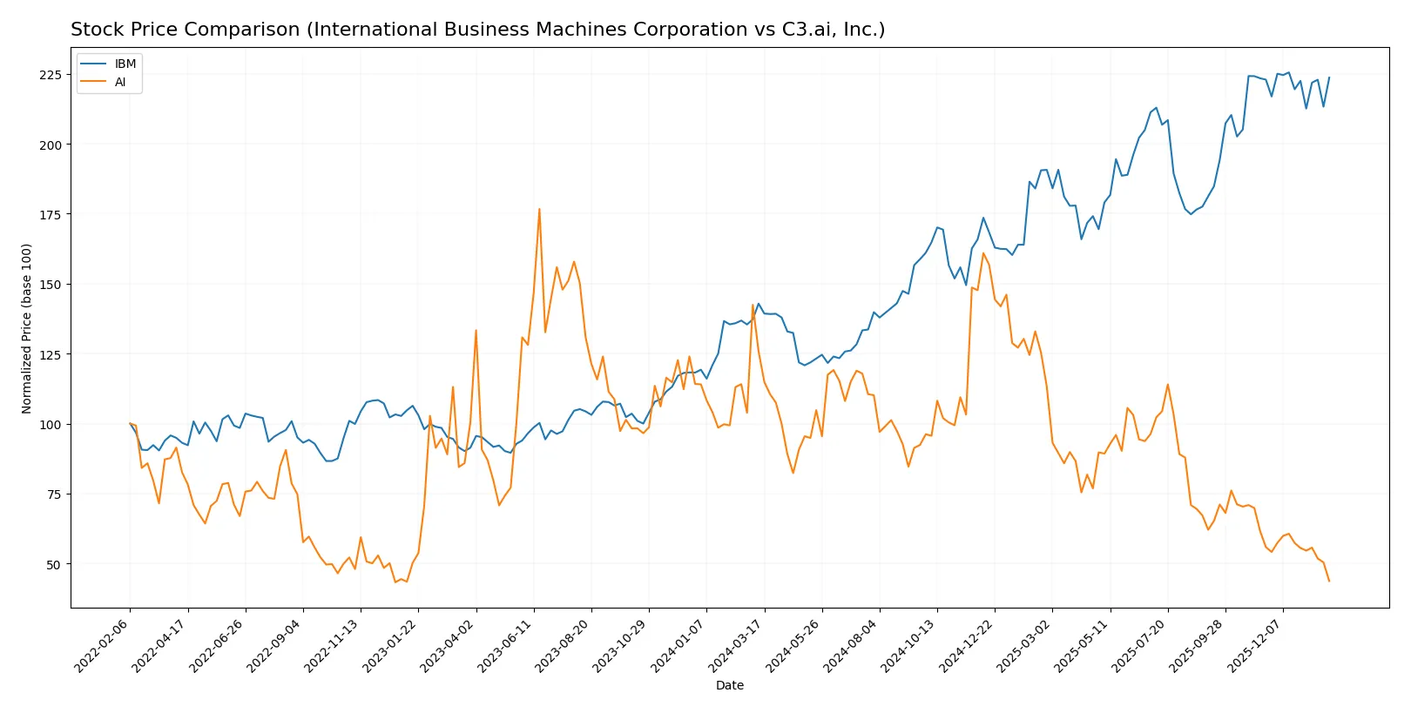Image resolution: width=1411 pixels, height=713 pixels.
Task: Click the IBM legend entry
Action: (x=125, y=64)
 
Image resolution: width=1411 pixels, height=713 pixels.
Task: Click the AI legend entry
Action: (x=120, y=83)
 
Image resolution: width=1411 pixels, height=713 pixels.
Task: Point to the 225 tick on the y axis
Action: (x=51, y=75)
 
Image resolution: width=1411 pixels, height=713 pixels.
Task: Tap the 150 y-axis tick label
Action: (x=51, y=285)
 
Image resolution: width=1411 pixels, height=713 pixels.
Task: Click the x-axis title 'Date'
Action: (x=730, y=686)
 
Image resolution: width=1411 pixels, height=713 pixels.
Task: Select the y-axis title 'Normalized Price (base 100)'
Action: (x=27, y=328)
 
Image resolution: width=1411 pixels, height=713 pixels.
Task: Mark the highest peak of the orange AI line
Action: (x=539, y=209)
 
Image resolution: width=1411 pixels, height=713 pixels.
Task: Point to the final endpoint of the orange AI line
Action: (x=1329, y=581)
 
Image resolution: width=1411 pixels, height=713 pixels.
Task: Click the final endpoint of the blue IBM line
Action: (x=1329, y=77)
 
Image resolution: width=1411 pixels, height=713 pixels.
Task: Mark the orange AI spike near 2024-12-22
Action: (x=983, y=253)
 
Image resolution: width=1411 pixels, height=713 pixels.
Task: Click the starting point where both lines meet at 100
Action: (x=130, y=424)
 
